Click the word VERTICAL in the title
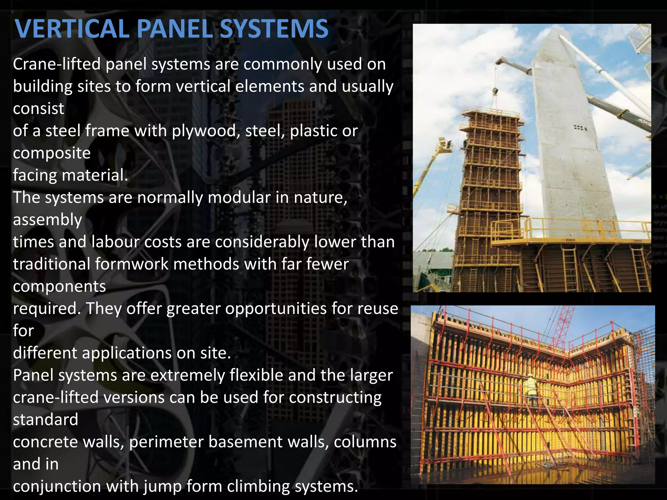tap(71, 29)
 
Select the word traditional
tap(52, 264)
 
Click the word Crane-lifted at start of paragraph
tap(57, 64)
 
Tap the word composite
tap(52, 153)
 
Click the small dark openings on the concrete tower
tap(580, 128)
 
